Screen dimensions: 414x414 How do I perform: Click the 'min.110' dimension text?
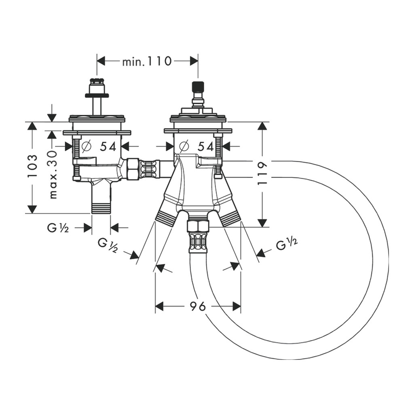point(147,61)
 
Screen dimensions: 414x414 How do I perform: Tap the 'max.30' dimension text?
point(53,174)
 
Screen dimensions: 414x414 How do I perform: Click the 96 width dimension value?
point(198,306)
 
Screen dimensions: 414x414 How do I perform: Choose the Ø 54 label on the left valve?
point(99,146)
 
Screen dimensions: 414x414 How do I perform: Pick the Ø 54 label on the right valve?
point(196,146)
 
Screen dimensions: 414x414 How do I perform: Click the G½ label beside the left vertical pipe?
point(58,228)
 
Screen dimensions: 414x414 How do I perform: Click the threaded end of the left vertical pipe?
point(101,207)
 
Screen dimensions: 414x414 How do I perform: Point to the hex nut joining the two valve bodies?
point(133,169)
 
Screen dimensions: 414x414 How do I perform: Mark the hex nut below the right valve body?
point(198,226)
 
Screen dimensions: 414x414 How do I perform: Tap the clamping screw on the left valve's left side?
point(76,158)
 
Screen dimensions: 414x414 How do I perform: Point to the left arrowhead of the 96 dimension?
point(159,306)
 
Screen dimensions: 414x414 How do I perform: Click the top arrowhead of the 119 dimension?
point(262,126)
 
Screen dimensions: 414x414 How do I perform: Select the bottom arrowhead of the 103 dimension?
point(32,209)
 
